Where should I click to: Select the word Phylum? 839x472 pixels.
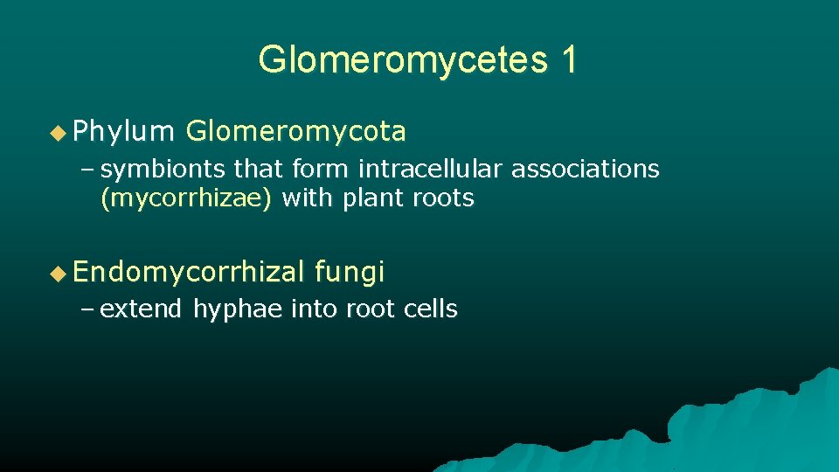tap(124, 132)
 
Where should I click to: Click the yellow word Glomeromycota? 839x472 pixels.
tap(296, 132)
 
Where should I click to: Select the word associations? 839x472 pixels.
tap(585, 168)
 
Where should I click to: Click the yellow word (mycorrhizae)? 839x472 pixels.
tap(187, 198)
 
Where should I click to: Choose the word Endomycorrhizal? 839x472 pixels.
tap(190, 274)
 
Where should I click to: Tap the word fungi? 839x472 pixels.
tap(350, 274)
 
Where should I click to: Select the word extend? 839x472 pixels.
tap(141, 309)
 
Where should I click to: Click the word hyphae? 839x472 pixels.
tap(239, 309)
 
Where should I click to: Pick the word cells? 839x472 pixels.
tap(430, 309)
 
